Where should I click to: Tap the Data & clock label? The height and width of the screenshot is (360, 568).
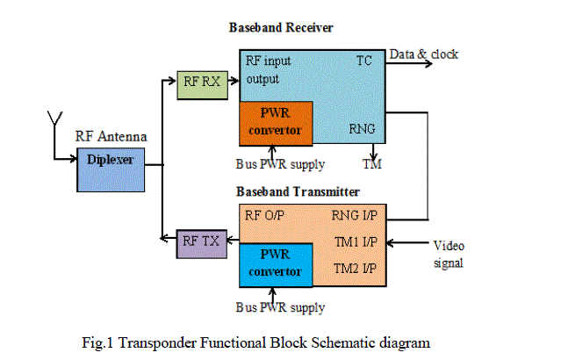coord(425,54)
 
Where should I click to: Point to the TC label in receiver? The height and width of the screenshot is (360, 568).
coord(364,61)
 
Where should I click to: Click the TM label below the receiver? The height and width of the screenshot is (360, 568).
coord(372,163)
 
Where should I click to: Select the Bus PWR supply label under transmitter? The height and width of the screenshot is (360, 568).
coord(280,307)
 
